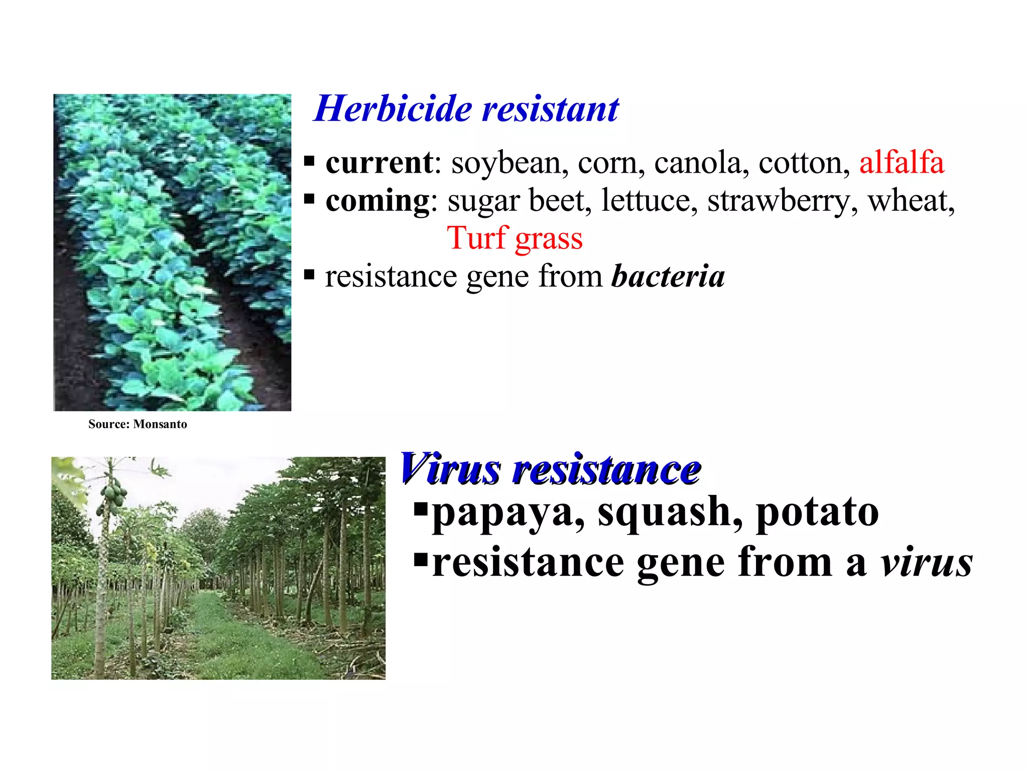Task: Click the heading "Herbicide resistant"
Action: [466, 108]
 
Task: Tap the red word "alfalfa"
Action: [902, 163]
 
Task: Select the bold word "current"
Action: [379, 163]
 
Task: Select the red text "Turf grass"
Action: [515, 238]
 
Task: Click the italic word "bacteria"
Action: [668, 276]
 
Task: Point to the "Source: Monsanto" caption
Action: [138, 424]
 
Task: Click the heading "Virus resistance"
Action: [550, 469]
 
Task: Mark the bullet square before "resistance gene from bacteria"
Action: [309, 275]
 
